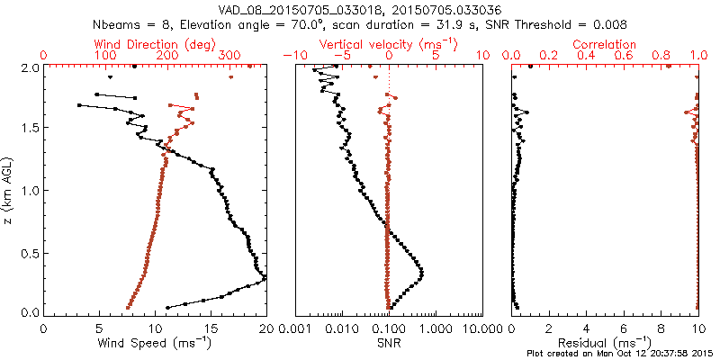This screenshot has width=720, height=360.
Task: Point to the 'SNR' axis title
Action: point(389,343)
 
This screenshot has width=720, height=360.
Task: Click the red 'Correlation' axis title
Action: point(605,44)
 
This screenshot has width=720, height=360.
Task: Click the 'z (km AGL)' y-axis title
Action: point(9,190)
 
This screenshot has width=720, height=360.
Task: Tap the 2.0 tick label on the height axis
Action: point(30,67)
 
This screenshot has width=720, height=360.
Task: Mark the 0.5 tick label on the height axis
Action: point(30,252)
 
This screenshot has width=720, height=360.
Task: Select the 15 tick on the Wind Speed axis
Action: point(211,328)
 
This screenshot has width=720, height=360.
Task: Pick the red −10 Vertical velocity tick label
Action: point(291,56)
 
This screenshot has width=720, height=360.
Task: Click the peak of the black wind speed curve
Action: point(265,281)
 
